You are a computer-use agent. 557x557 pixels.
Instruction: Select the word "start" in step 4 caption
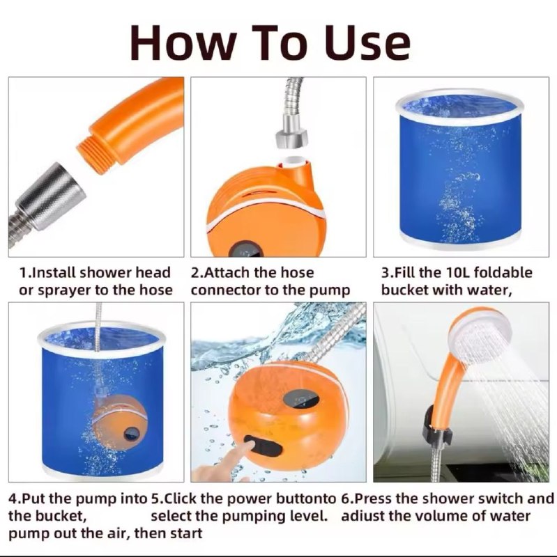tap(184, 534)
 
